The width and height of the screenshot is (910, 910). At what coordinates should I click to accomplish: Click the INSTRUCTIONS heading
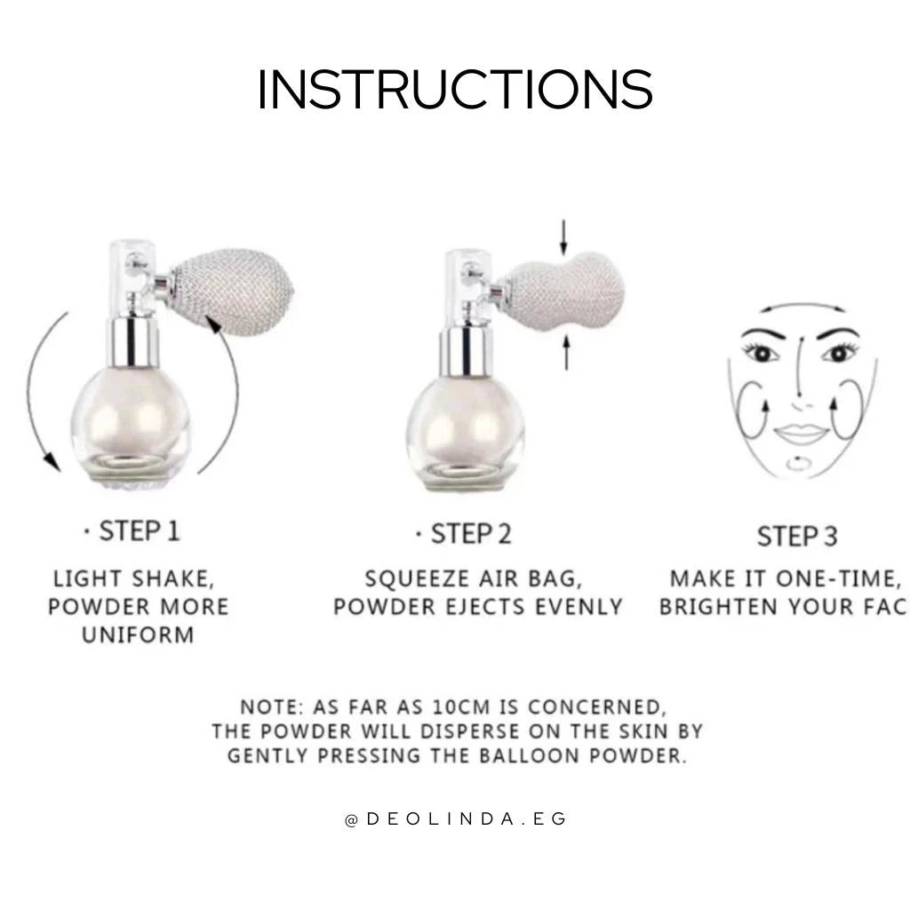(x=455, y=89)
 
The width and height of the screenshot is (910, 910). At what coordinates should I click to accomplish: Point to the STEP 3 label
(x=797, y=536)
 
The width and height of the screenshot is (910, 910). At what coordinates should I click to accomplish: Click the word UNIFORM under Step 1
(x=138, y=635)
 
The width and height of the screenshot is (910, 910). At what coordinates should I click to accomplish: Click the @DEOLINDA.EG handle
(x=456, y=818)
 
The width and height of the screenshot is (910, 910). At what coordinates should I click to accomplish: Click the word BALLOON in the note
(x=531, y=755)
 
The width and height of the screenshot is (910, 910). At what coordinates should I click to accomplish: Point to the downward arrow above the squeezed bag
(x=563, y=237)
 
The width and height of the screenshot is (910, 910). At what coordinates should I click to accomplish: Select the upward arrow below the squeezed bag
(x=566, y=352)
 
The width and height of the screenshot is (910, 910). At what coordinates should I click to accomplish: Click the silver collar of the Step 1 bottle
(x=133, y=341)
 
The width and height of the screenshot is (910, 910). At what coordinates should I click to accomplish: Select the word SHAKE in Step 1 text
(x=173, y=579)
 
